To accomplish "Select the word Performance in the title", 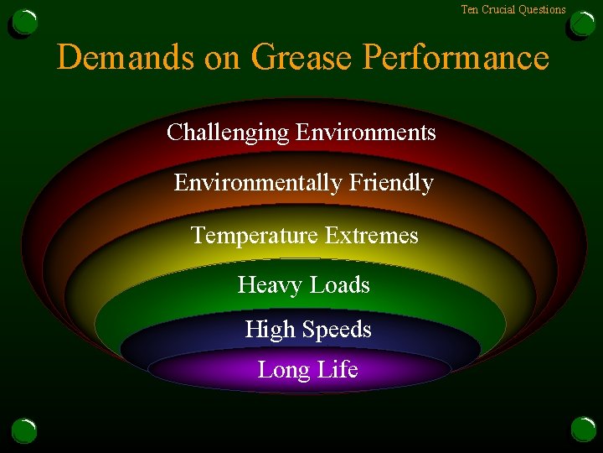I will coord(456,58).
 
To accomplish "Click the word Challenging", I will coord(227,133).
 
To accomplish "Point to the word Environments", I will coord(366,133).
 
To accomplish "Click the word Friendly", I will coord(392,183).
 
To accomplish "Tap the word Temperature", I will coord(254,236).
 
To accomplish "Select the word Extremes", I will coord(371,236).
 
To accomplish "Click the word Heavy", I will coord(266,285).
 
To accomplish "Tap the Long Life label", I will coord(307,370).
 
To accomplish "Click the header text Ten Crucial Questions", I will coord(513,10).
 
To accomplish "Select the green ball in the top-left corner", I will coord(24,23).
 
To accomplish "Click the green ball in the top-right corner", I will coord(582,23).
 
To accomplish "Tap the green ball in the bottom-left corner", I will coord(24,430).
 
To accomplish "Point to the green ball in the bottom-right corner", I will coord(583,430).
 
